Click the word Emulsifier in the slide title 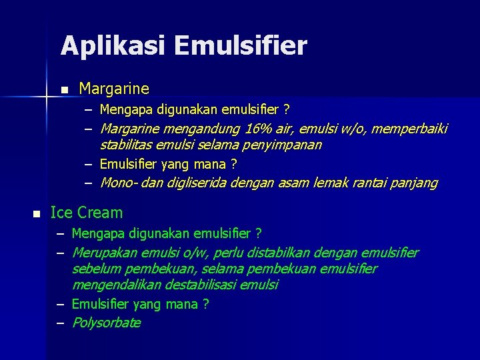[244, 46]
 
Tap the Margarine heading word [114, 89]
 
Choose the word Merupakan [103, 253]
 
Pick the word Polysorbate [106, 323]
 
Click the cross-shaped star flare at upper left [46, 97]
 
